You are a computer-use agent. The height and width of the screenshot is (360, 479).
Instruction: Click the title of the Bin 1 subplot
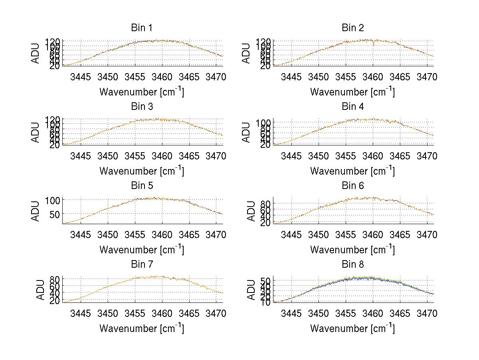coord(142,28)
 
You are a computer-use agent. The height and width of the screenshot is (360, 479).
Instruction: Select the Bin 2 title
coord(352,28)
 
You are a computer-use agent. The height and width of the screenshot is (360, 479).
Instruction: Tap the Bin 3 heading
coord(142,107)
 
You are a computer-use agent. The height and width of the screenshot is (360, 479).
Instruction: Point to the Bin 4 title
coord(352,107)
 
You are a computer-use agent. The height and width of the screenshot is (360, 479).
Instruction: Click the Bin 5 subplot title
coord(142,186)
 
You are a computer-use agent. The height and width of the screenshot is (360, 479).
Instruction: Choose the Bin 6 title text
coord(352,186)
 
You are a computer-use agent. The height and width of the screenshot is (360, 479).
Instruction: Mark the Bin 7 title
coord(142,265)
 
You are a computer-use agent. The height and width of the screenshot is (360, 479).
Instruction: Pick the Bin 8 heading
coord(352,265)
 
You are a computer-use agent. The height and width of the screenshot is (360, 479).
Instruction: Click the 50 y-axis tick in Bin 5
coord(55,214)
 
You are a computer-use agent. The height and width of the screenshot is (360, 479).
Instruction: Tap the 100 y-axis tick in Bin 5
coord(52,200)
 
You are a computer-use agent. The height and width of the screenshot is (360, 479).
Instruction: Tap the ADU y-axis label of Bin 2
coord(246,53)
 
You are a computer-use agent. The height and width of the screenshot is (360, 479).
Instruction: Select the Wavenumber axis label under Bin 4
coord(352,171)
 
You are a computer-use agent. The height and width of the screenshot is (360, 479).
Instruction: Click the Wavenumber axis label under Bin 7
coord(142,328)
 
